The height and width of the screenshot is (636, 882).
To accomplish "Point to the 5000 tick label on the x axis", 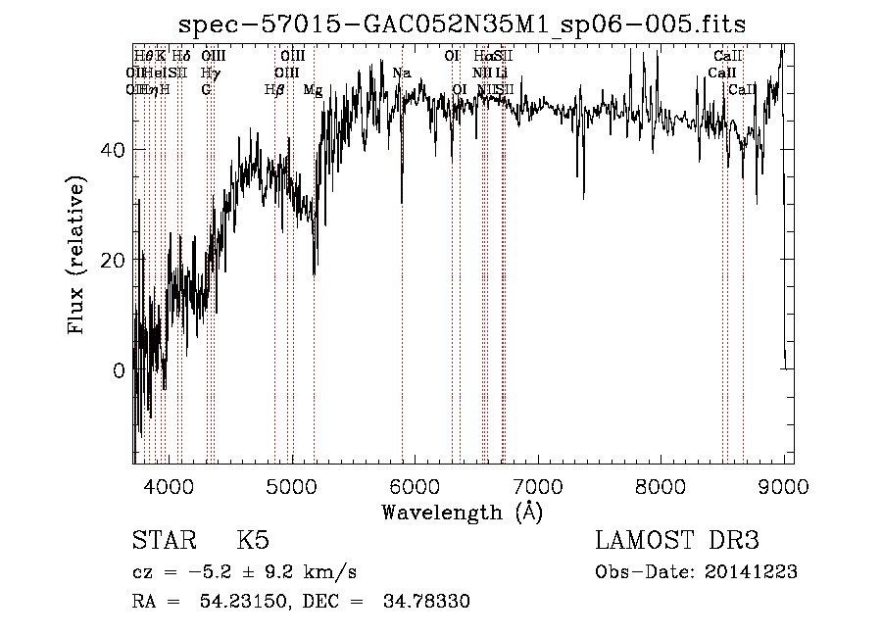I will click(x=292, y=485).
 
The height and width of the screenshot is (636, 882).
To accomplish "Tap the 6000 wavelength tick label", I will click(x=416, y=485).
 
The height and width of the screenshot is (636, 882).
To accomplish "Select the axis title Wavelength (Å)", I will click(x=462, y=512).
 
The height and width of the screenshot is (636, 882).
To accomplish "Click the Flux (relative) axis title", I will click(x=76, y=255).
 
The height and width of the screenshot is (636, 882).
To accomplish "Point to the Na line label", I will click(x=402, y=73).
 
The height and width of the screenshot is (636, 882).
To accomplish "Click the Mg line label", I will click(x=313, y=90).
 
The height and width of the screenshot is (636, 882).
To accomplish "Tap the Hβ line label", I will click(x=274, y=90).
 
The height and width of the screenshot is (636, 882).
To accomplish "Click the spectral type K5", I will click(x=253, y=541).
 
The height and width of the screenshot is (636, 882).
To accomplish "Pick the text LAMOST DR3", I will click(x=677, y=541).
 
